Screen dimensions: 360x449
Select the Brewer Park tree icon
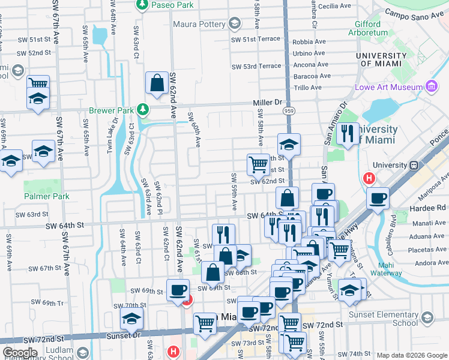pos(143,109)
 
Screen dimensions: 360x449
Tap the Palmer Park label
pos(47,196)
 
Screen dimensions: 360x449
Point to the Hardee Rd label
pos(432,208)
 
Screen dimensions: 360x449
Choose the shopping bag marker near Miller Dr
pos(157,84)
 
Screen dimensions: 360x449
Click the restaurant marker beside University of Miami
pos(347,133)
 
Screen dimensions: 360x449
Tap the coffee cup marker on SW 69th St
pos(178,290)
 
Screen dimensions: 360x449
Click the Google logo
pos(20,353)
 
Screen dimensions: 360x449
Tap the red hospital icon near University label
pos(369,178)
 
